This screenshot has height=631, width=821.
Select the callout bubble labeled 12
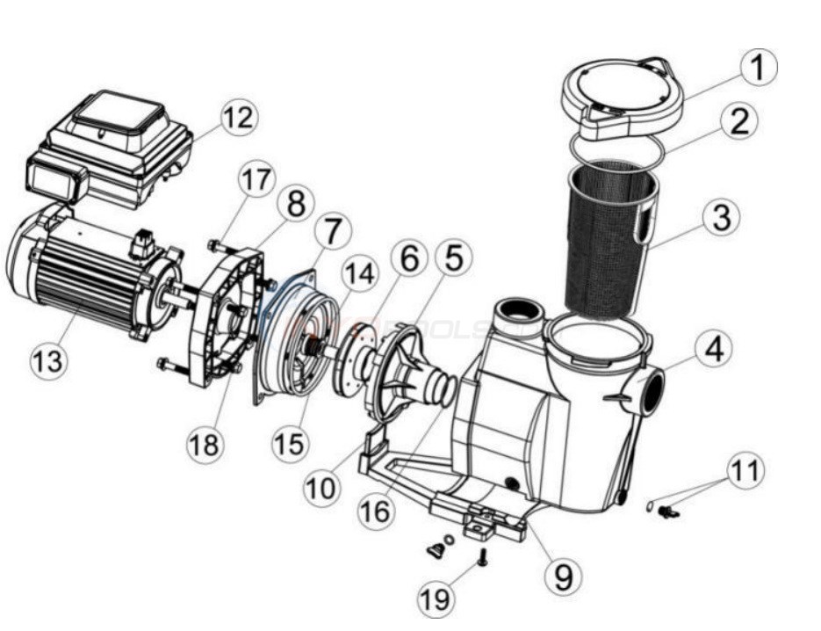[236, 118]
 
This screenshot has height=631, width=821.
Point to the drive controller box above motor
[110, 149]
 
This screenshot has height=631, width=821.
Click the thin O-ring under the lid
[619, 151]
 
